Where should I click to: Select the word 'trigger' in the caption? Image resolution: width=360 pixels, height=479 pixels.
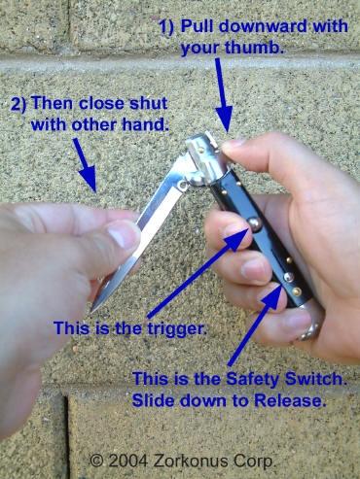tap(177, 329)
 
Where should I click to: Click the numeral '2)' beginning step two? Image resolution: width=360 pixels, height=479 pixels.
tap(19, 104)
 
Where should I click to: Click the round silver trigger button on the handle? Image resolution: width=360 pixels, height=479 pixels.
tap(254, 225)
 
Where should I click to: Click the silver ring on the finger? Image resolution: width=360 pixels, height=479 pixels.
tap(309, 331)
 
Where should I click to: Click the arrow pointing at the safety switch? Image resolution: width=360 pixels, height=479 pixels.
tap(255, 325)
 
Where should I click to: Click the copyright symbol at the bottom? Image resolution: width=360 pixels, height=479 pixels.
tap(96, 461)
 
